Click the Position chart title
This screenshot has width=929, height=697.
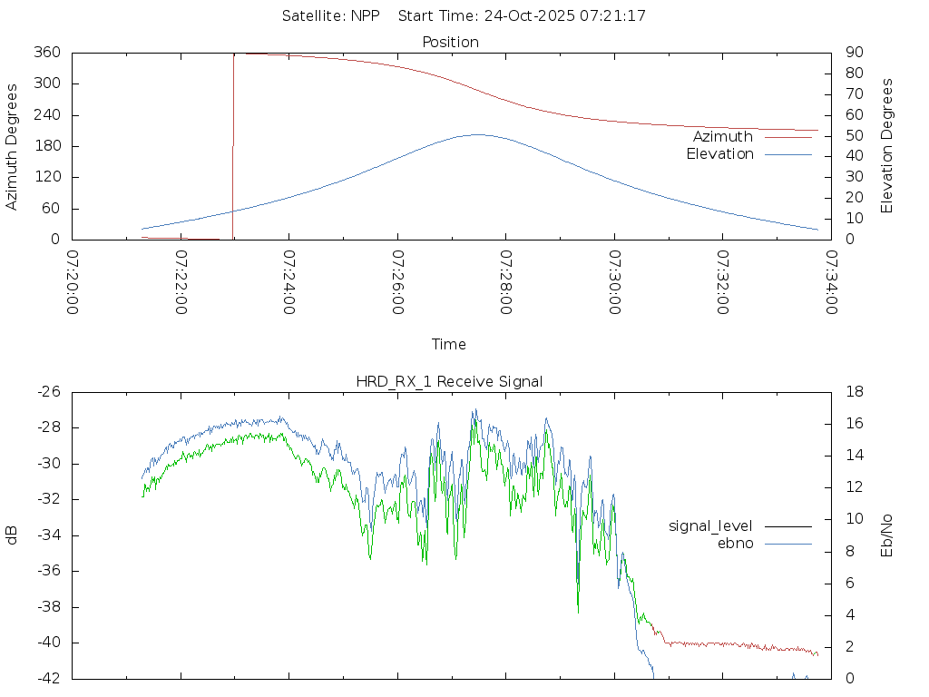(451, 42)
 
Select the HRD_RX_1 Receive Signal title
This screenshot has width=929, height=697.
(449, 381)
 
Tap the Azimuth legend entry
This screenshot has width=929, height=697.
(723, 136)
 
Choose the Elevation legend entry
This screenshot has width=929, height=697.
(719, 153)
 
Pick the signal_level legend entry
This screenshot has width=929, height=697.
(710, 525)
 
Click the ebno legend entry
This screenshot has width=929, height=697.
(736, 543)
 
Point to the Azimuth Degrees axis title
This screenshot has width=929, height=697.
(12, 146)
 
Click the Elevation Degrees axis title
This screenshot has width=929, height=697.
(887, 146)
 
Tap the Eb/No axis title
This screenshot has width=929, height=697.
(887, 535)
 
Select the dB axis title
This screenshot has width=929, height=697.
(12, 535)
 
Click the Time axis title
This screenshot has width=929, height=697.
(449, 344)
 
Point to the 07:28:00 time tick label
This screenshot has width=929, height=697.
(505, 282)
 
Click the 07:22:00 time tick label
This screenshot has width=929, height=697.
(181, 282)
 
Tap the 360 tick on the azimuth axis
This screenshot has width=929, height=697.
(47, 53)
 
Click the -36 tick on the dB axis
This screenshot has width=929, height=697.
(47, 571)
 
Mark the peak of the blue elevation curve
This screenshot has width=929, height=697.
(477, 134)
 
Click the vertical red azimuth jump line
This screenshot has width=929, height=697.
(233, 145)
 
